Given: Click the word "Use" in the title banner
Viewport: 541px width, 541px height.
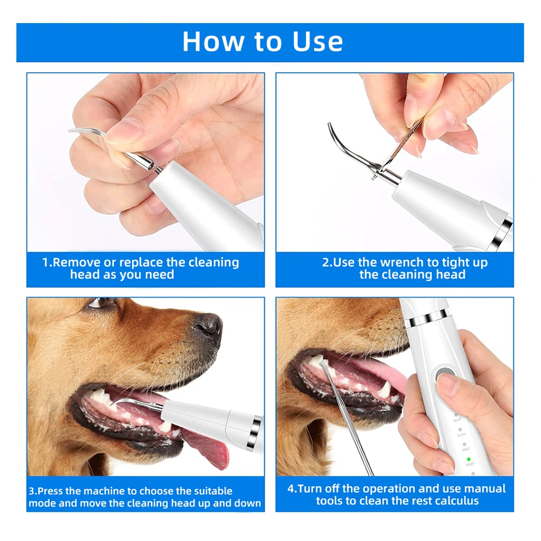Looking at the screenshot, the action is (x=317, y=41).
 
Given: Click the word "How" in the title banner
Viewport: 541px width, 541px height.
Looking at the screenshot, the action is (x=213, y=41).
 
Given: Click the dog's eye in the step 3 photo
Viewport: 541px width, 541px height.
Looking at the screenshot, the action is (x=98, y=303).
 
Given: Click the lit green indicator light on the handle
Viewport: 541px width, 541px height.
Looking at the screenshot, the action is (x=468, y=460).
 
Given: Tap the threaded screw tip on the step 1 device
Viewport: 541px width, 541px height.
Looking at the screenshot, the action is (x=158, y=170).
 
